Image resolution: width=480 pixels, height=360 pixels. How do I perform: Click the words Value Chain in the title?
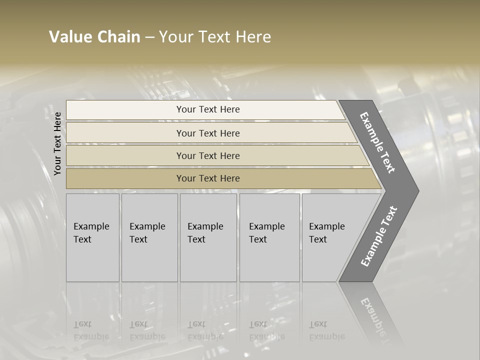click(x=94, y=37)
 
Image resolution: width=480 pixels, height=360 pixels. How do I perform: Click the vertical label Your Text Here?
click(x=57, y=143)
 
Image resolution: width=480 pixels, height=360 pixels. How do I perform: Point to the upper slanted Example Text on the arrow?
click(x=377, y=142)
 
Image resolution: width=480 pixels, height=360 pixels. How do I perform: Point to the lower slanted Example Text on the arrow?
click(x=378, y=236)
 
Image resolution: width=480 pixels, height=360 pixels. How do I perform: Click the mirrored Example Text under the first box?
click(x=91, y=330)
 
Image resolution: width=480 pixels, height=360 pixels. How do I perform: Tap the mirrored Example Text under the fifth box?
click(x=326, y=330)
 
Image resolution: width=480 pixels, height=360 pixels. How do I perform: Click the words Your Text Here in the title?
click(x=215, y=37)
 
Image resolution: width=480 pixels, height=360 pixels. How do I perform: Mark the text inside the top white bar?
click(x=208, y=109)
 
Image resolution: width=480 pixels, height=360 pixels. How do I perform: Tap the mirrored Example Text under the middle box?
click(x=205, y=330)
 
